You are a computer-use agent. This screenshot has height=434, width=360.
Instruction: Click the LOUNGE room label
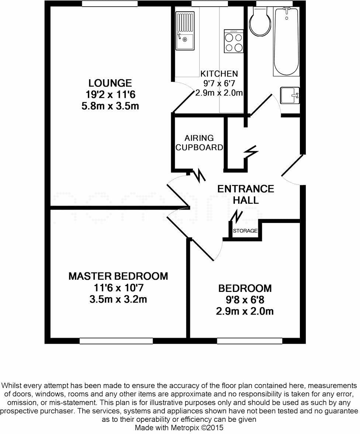(110, 83)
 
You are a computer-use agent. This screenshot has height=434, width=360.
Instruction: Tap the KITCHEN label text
(219, 74)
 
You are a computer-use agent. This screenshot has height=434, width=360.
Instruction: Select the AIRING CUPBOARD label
(199, 143)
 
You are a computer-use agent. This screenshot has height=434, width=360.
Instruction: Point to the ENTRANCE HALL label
(246, 194)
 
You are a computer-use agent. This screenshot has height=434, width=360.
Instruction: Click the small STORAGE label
(245, 231)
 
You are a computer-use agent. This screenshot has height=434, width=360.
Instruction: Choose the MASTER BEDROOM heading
(118, 276)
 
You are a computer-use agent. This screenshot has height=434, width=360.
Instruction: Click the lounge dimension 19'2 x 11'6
(110, 95)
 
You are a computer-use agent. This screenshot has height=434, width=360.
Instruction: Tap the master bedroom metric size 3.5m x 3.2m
(118, 299)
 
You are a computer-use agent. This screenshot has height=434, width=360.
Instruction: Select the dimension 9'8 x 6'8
(245, 300)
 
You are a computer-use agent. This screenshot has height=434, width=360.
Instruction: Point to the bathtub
(286, 41)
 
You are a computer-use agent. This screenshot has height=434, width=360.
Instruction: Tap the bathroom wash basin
(290, 95)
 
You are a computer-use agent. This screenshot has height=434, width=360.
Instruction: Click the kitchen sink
(185, 31)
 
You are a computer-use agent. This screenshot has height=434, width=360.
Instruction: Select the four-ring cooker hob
(234, 41)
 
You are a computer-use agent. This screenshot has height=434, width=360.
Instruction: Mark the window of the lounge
(110, 4)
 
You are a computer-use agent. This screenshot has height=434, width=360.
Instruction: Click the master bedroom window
(116, 341)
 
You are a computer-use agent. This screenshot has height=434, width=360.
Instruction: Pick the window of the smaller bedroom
(250, 341)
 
